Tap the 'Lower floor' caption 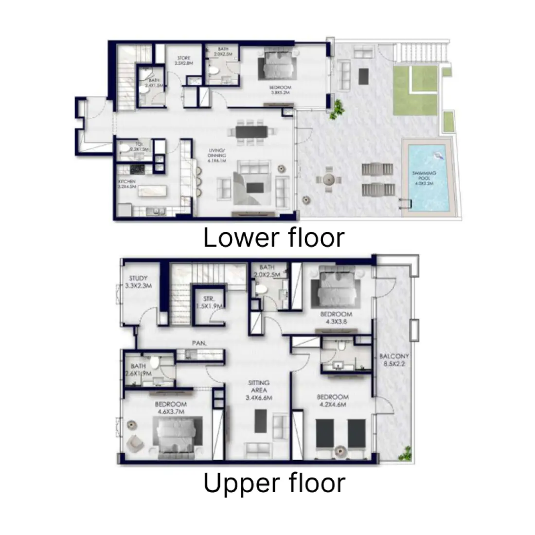(x=274, y=238)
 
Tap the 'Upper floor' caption (x=274, y=483)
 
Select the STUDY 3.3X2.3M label (x=139, y=283)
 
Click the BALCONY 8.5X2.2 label (x=394, y=359)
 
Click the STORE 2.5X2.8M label (x=183, y=61)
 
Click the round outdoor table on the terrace (x=327, y=179)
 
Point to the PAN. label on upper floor (x=199, y=343)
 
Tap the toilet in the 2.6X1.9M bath (x=155, y=362)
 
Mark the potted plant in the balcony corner (x=403, y=455)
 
